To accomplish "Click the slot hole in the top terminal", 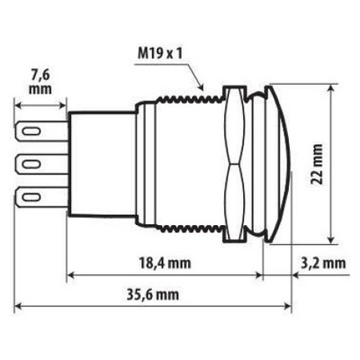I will coord(31,131).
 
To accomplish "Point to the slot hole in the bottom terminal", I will coord(31,195).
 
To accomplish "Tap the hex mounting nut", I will coord(233,164).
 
